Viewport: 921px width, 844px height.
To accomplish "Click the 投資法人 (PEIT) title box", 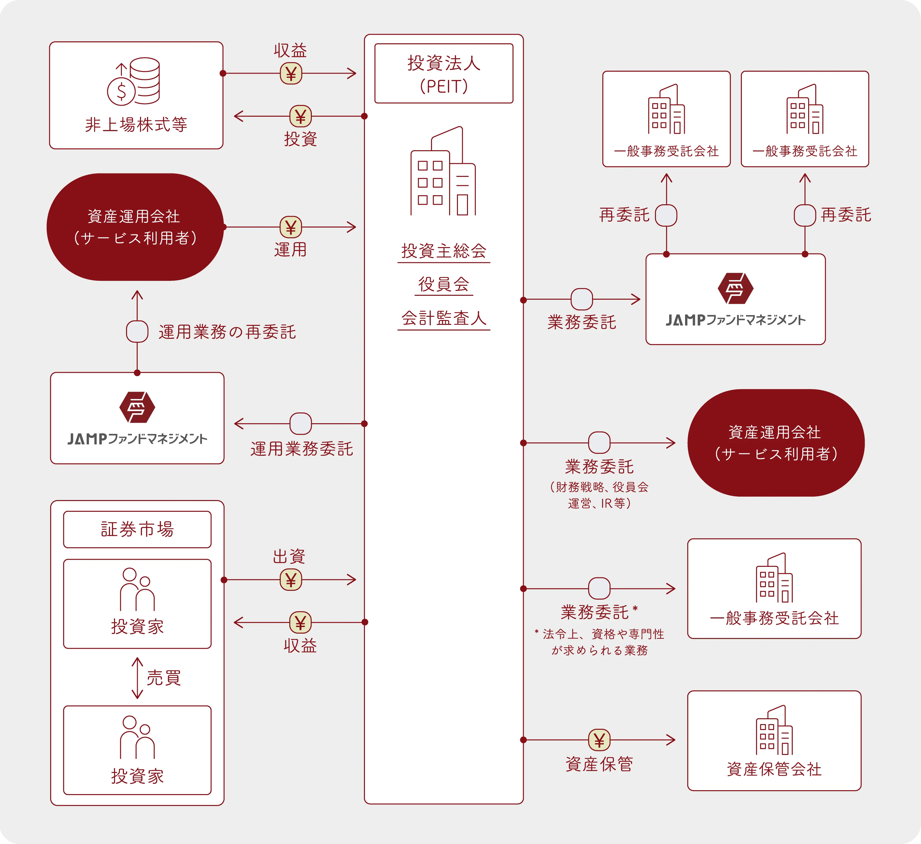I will point(443,74).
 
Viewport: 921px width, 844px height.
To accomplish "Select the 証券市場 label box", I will point(137,529).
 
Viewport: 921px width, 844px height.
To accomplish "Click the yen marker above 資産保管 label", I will point(599,740).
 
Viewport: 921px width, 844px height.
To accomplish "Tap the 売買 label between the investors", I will point(163,678).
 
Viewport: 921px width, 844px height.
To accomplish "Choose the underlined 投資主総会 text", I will point(443,251).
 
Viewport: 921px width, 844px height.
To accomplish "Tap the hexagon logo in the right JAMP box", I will point(735,288).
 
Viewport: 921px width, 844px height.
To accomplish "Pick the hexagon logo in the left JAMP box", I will point(137,407).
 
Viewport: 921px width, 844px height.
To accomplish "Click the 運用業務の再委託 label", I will point(227,332).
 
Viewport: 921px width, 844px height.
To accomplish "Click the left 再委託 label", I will point(624,215).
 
